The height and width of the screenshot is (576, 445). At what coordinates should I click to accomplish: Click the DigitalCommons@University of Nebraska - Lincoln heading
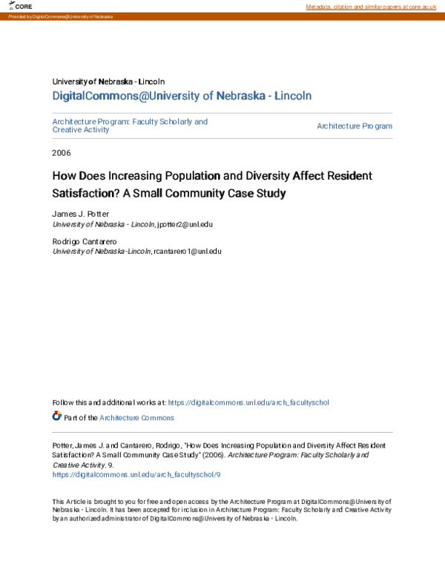182,96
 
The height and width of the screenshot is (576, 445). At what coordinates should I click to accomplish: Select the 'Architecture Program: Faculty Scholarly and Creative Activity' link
130,125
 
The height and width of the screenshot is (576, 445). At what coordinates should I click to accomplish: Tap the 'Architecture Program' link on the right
355,126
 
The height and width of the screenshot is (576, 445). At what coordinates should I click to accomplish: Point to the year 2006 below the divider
62,153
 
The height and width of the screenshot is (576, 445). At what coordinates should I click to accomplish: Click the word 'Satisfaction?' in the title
80,194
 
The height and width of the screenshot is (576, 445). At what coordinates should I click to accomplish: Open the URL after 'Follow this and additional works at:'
248,402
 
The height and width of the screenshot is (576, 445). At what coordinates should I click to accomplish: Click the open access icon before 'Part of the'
57,416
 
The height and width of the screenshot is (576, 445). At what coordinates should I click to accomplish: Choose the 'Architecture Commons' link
137,418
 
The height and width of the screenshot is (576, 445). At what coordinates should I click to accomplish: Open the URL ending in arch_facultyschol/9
136,474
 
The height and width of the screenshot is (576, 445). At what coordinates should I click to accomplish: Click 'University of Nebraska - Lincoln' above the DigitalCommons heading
108,81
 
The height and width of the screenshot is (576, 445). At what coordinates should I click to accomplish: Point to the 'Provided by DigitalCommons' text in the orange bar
56,16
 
